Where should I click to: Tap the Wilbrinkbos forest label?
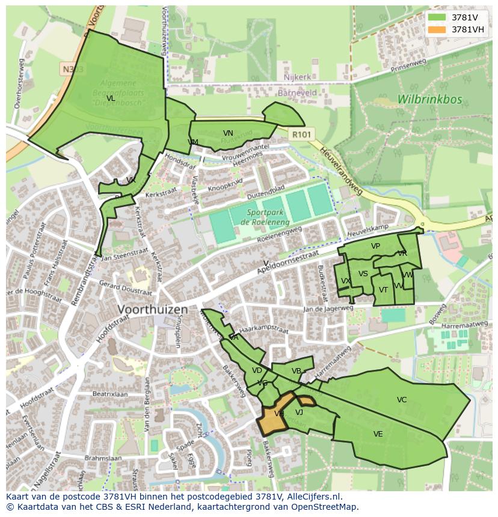pos(429,99)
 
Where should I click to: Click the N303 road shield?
pos(73,70)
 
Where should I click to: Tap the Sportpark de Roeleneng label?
pos(262,217)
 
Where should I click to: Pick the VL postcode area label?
pos(110,98)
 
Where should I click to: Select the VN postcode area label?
pos(228,133)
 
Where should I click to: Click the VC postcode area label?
pos(402,400)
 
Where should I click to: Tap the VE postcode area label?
pos(378,434)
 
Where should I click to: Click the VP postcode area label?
pos(375,246)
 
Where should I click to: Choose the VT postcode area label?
pos(383,290)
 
